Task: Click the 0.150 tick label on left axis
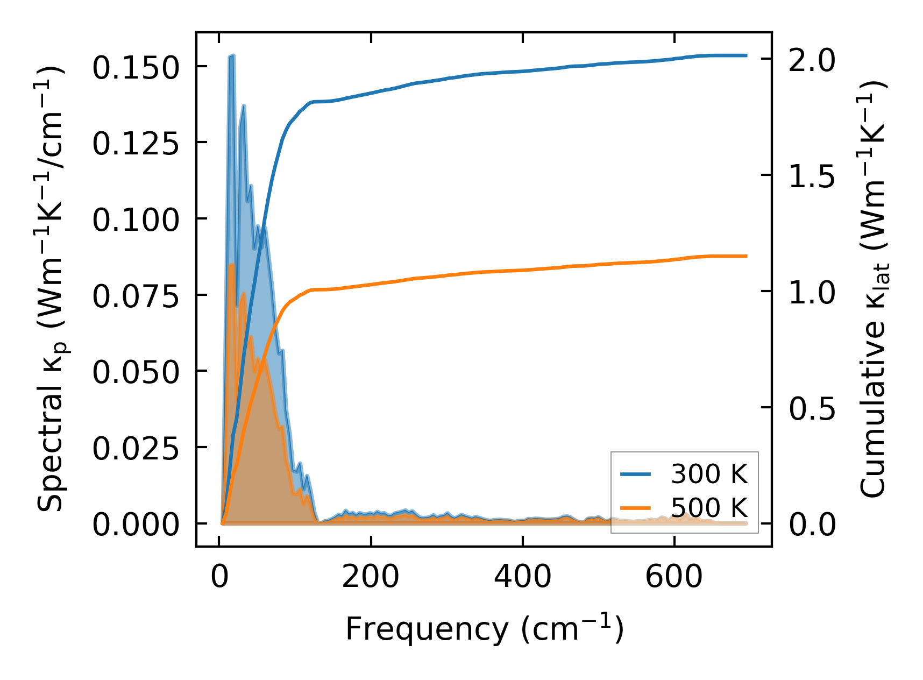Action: [135, 68]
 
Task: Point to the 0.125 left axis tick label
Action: [135, 144]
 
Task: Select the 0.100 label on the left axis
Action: [135, 221]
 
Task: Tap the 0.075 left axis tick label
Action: [135, 297]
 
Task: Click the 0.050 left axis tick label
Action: [135, 373]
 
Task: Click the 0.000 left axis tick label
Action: [135, 525]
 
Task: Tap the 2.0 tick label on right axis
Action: [812, 60]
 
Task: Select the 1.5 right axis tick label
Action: [812, 176]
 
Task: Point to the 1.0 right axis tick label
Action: [812, 293]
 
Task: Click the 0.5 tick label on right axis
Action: [812, 409]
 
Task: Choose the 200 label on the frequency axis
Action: [371, 578]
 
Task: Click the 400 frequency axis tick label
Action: [522, 578]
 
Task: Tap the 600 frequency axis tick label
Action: [674, 578]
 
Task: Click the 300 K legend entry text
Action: [709, 474]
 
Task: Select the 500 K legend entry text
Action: [709, 508]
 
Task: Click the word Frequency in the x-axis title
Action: [426, 629]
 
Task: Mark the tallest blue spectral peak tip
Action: [232, 55]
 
